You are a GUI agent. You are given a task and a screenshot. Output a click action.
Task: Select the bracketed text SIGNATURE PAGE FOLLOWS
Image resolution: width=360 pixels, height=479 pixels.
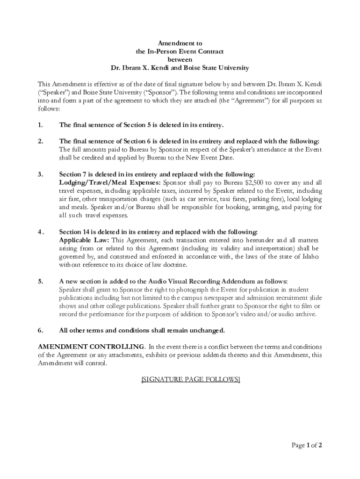tap(190, 379)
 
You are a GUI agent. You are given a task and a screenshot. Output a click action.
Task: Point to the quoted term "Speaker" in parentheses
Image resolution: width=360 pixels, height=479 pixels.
tap(51, 92)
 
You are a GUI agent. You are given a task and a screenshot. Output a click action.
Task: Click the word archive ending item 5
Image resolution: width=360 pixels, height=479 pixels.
tap(306, 314)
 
